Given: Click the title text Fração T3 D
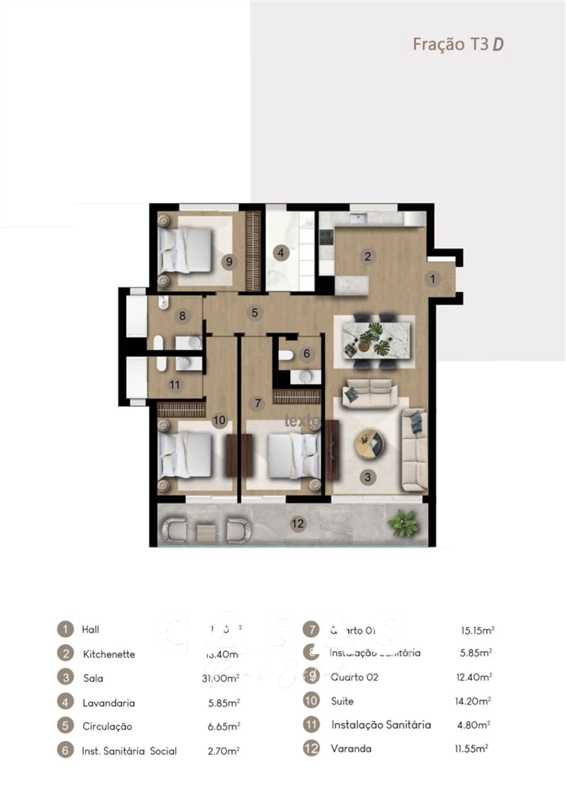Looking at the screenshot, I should (x=458, y=44).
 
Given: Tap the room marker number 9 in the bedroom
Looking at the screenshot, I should (x=229, y=262).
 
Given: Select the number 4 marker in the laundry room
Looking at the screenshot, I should (x=281, y=253).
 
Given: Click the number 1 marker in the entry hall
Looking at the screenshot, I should (x=433, y=279).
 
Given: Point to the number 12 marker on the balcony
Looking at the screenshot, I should (x=298, y=524).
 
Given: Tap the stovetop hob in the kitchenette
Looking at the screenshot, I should (x=326, y=238).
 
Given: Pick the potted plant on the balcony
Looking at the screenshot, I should (x=403, y=523).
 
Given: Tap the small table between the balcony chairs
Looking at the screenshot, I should (x=205, y=532).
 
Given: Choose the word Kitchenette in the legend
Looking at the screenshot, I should (x=109, y=654).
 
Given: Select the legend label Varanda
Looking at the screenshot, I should (x=351, y=749).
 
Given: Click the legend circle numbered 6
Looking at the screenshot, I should (x=65, y=750).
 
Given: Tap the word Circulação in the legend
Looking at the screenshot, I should (x=107, y=726).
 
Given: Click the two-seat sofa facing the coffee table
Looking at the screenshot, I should (x=370, y=393).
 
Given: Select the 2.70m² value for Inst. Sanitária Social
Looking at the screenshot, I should (x=224, y=751).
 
